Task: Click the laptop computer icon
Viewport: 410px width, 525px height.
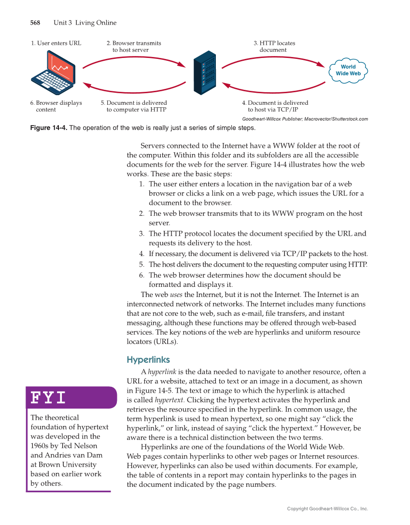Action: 54,73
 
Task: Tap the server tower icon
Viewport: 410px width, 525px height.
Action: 204,72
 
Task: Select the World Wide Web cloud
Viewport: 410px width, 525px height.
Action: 348,71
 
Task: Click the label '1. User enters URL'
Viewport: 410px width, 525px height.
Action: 56,43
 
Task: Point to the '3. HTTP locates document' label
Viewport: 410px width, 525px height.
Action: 274,46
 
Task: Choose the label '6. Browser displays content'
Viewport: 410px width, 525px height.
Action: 56,106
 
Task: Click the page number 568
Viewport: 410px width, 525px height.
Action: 35,23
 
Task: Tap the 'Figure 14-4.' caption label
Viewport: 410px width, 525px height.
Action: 49,128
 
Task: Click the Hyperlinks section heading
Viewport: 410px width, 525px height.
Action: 148,360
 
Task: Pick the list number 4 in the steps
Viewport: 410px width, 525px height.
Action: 141,254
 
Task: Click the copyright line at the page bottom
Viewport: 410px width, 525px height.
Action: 327,509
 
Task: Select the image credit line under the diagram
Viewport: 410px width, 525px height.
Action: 305,119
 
